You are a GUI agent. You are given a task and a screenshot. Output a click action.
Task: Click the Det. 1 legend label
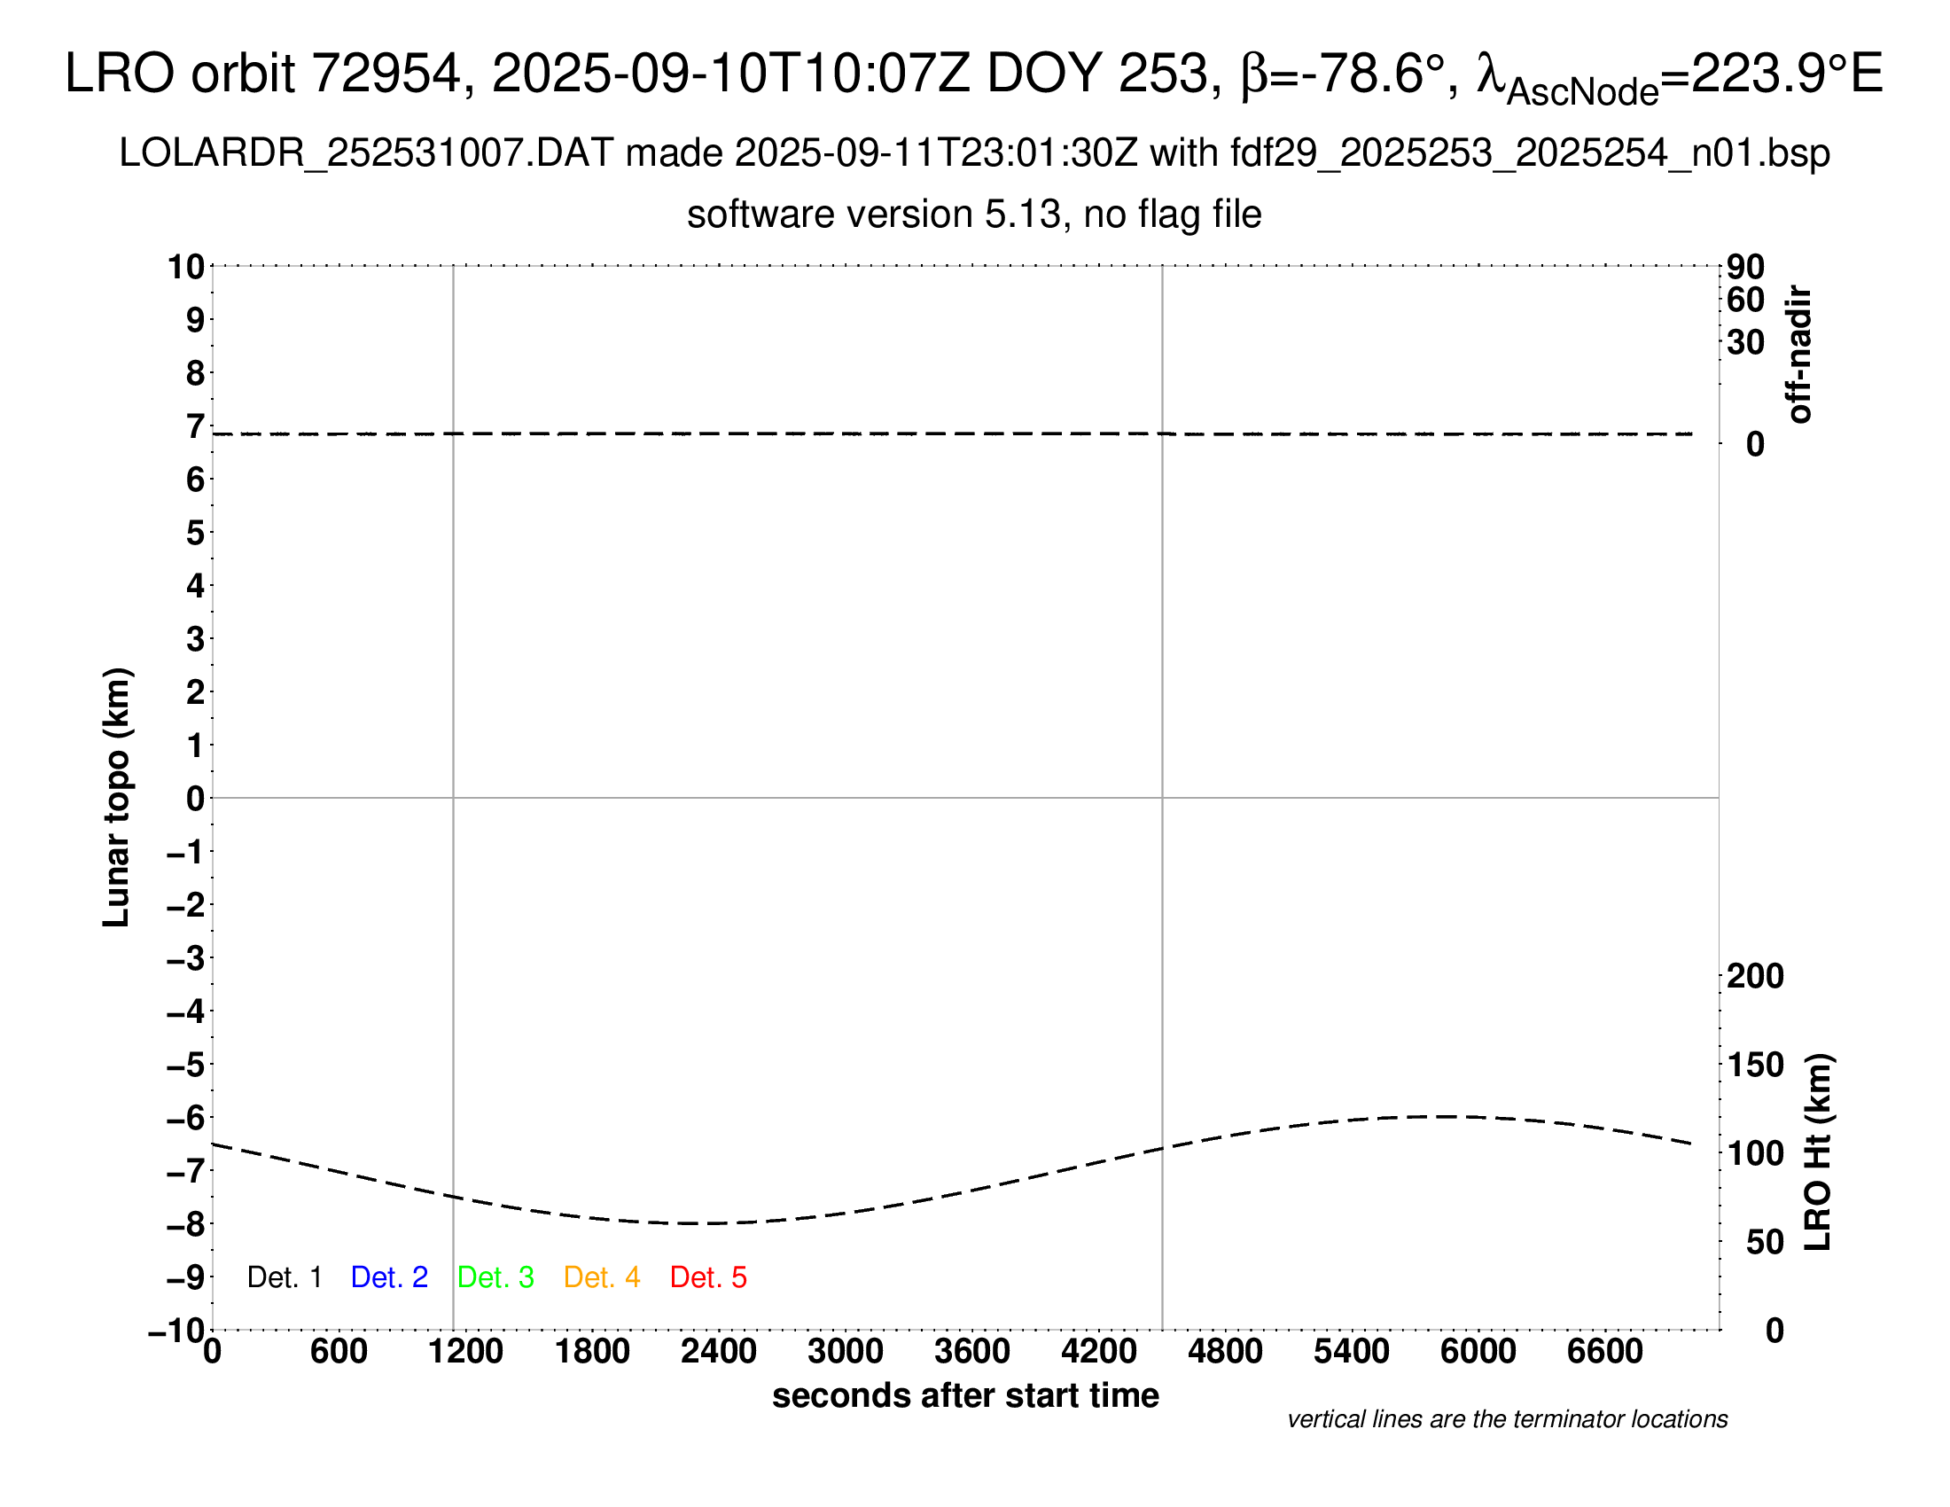pos(284,1277)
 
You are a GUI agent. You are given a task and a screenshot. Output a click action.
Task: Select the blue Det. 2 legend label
pos(389,1277)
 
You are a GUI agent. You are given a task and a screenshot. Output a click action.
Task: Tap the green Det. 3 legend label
pos(495,1277)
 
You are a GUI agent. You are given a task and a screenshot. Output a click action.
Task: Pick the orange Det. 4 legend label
pos(602,1277)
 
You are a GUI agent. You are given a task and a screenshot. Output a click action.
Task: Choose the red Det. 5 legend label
pos(708,1277)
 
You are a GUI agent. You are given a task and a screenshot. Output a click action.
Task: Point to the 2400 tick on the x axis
pos(718,1352)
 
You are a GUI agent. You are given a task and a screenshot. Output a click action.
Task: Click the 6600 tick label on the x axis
pos(1604,1352)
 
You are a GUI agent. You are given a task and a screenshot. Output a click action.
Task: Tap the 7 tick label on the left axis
pos(195,426)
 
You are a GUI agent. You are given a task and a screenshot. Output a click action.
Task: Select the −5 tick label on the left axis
pos(186,1065)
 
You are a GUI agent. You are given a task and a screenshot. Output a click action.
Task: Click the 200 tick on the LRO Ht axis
pos(1754,976)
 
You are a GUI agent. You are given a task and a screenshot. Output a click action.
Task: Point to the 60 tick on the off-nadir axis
pos(1745,300)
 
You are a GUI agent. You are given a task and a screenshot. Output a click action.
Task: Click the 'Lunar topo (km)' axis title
pos(117,797)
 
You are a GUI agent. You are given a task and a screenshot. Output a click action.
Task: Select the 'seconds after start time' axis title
pos(965,1395)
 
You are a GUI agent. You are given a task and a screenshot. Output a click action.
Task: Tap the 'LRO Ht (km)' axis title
pos(1818,1152)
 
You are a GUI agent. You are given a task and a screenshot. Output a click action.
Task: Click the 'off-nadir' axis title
pos(1798,355)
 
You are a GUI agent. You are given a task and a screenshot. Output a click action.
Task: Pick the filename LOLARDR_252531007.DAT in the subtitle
pos(366,153)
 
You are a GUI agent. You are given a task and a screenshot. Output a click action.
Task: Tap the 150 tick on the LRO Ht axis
pos(1754,1064)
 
